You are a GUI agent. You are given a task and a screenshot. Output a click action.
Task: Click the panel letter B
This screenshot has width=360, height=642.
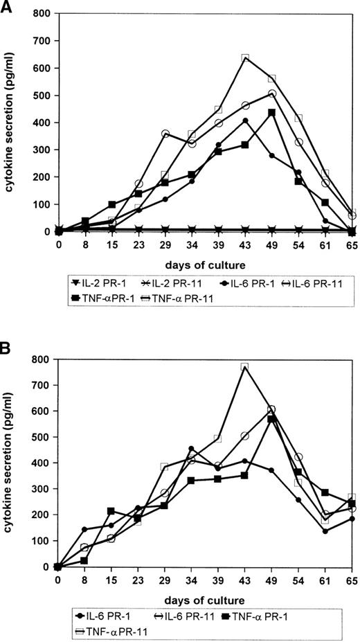(7, 342)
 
